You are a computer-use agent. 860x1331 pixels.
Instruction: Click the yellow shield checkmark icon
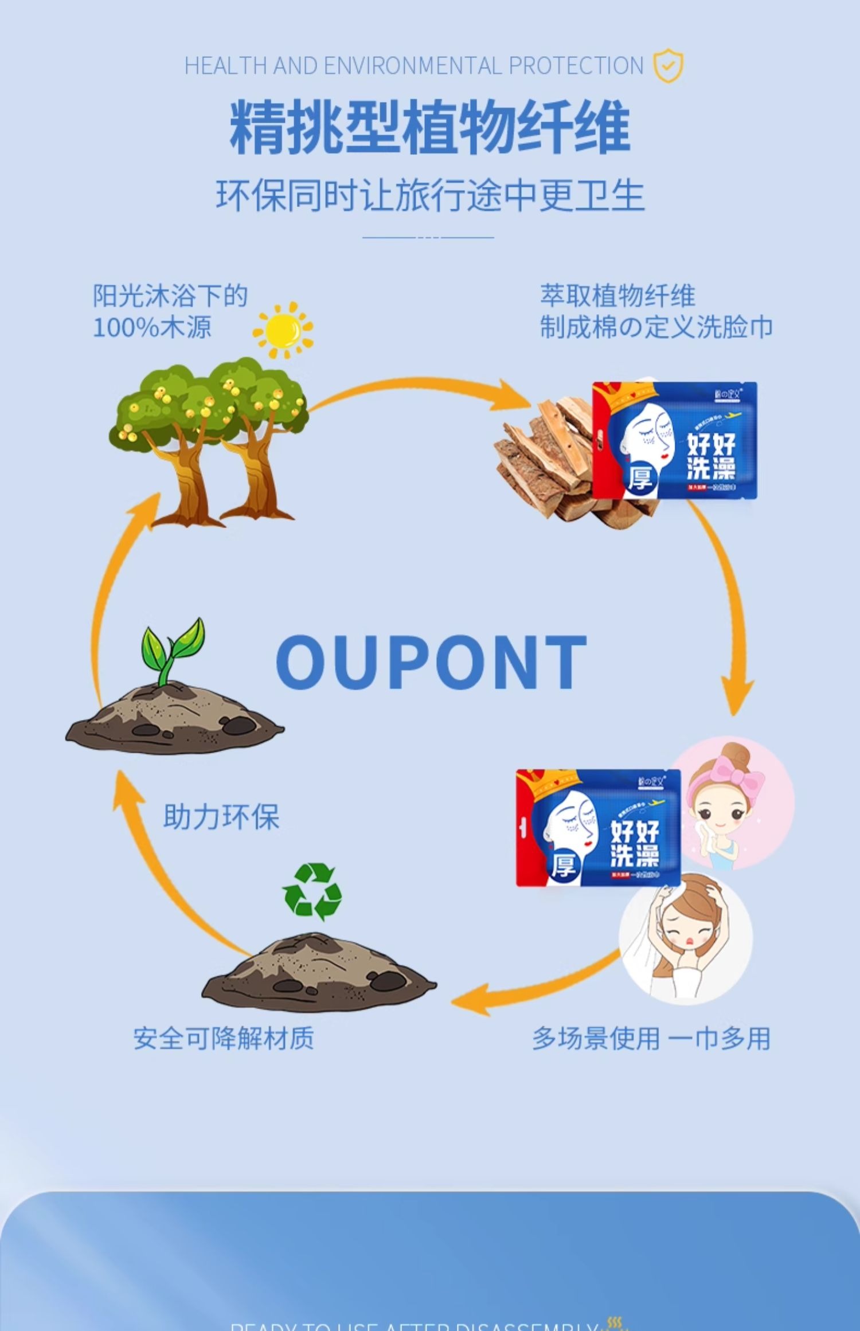click(x=668, y=66)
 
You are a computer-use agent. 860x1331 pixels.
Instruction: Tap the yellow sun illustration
click(x=283, y=330)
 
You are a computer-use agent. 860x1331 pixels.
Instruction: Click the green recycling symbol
click(x=312, y=892)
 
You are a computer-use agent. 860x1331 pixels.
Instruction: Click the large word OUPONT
click(x=431, y=661)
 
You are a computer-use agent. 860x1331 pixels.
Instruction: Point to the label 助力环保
click(x=221, y=816)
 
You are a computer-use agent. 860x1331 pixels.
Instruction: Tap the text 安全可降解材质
click(x=224, y=1038)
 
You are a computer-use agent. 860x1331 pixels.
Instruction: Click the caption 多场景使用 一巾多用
click(x=651, y=1038)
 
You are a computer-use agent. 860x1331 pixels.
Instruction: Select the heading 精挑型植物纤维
click(x=430, y=127)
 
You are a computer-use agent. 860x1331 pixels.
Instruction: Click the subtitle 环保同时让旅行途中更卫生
click(x=430, y=195)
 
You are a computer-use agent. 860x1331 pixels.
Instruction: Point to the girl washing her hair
click(x=685, y=940)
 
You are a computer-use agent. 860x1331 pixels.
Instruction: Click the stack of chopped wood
click(x=545, y=464)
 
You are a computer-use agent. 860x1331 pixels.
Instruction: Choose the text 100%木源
click(x=152, y=327)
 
